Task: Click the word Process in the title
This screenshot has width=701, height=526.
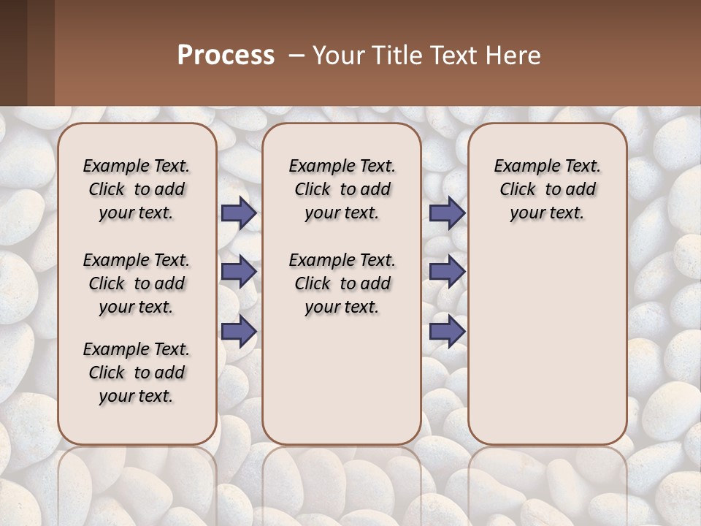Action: pyautogui.click(x=226, y=56)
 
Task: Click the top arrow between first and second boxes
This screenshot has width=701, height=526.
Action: pyautogui.click(x=239, y=213)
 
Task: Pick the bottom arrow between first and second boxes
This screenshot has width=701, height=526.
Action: pyautogui.click(x=239, y=332)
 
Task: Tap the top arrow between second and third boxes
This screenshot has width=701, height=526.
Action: pyautogui.click(x=447, y=213)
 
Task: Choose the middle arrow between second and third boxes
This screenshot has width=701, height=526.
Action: pyautogui.click(x=447, y=272)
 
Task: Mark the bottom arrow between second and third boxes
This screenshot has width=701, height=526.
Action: pyautogui.click(x=447, y=332)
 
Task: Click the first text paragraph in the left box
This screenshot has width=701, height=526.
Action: pyautogui.click(x=137, y=189)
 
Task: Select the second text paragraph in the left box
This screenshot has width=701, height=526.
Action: pyautogui.click(x=137, y=283)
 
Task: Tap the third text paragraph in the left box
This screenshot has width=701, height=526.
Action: pyautogui.click(x=137, y=373)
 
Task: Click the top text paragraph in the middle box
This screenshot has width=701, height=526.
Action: pyautogui.click(x=342, y=189)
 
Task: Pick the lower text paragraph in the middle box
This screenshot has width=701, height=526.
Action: pyautogui.click(x=342, y=283)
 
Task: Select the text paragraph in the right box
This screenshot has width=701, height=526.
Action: pyautogui.click(x=547, y=189)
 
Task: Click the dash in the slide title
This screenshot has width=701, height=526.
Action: pyautogui.click(x=297, y=56)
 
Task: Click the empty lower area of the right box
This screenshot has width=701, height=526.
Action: pyautogui.click(x=547, y=351)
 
